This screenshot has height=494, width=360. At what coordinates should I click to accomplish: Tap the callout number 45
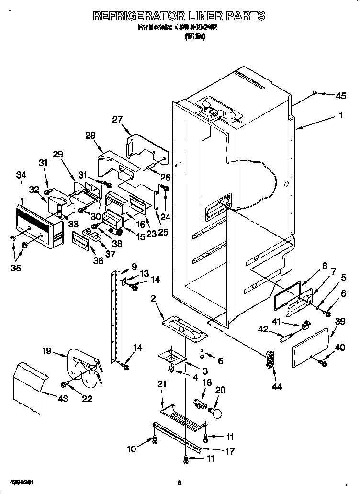tap(340, 96)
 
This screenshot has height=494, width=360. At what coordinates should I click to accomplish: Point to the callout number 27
tap(118, 120)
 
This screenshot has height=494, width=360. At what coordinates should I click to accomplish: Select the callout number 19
tap(46, 351)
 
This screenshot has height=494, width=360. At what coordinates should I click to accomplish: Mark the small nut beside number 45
tap(314, 92)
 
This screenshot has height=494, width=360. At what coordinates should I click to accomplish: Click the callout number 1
tap(341, 115)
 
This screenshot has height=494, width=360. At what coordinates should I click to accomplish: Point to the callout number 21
tap(162, 384)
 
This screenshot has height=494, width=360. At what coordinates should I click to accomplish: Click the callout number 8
tap(324, 266)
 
